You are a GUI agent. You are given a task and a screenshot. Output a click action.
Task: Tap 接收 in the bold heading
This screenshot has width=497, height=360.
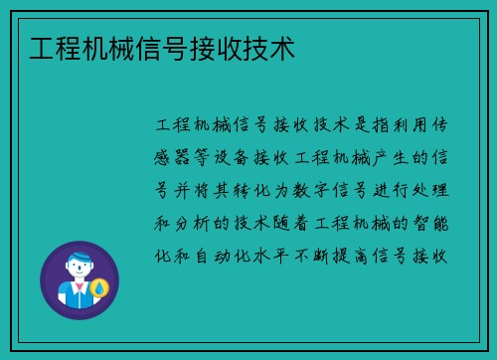tap(215, 49)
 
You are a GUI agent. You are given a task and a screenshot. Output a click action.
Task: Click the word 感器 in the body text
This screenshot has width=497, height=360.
tap(176, 157)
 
